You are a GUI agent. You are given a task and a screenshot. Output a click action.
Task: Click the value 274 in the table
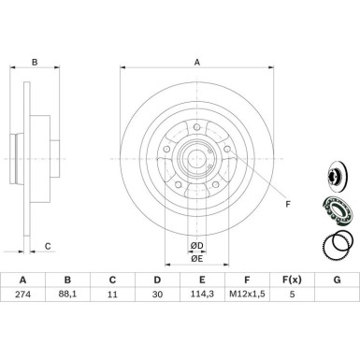pyautogui.click(x=22, y=294)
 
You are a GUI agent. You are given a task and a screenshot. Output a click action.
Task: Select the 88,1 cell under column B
pyautogui.click(x=67, y=294)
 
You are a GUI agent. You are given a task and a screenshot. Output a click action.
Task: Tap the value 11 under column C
pyautogui.click(x=112, y=294)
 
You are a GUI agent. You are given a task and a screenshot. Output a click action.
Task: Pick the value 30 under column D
pyautogui.click(x=157, y=294)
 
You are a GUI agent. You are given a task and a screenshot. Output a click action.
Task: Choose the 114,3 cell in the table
pyautogui.click(x=202, y=294)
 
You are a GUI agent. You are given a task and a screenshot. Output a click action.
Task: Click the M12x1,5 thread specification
pyautogui.click(x=247, y=294)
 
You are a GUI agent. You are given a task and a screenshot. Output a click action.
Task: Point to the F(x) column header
pyautogui.click(x=292, y=280)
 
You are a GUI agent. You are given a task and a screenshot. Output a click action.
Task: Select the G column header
pyautogui.click(x=337, y=280)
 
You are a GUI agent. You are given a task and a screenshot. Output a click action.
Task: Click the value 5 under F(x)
pyautogui.click(x=292, y=294)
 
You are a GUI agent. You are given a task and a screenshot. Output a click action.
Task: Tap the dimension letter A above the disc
pyautogui.click(x=197, y=63)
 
